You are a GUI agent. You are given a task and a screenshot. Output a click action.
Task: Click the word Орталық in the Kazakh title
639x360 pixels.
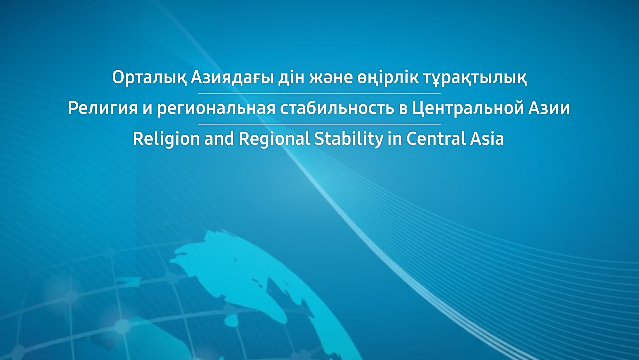click(x=149, y=78)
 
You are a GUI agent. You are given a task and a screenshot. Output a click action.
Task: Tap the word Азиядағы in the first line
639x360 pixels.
click(x=232, y=78)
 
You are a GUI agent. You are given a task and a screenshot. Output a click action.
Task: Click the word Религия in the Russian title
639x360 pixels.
click(x=103, y=108)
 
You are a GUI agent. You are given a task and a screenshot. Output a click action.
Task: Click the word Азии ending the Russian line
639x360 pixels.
click(x=549, y=108)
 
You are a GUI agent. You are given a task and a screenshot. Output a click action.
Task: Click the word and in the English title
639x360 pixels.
click(x=219, y=139)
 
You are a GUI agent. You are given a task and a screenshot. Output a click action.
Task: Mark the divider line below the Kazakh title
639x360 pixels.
click(x=319, y=93)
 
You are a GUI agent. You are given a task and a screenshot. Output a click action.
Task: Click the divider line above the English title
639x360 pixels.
click(x=319, y=124)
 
